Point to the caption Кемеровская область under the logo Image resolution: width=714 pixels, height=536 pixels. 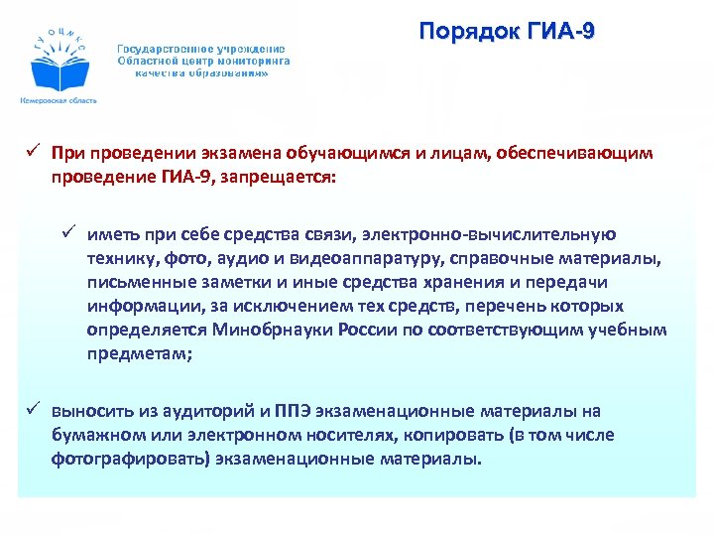58,101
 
